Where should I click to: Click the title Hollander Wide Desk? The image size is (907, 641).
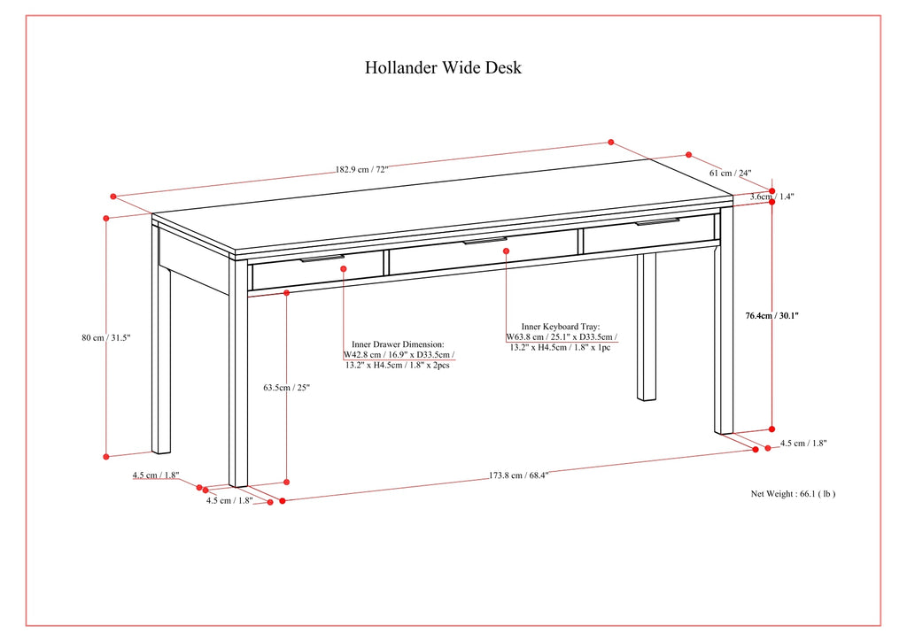[x=444, y=68]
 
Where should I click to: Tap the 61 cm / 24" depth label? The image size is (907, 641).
[x=730, y=174]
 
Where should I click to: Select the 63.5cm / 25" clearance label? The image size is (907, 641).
[x=286, y=387]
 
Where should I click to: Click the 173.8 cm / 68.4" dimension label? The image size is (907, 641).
[x=519, y=475]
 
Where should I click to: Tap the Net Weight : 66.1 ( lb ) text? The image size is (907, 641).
[x=793, y=494]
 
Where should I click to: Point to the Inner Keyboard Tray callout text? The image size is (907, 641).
[x=561, y=337]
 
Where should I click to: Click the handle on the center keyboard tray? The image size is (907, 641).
[x=486, y=240]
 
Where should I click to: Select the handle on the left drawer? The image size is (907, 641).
[x=322, y=259]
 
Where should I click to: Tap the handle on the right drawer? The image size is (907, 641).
[x=657, y=222]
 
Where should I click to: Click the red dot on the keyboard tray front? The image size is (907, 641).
[x=506, y=251]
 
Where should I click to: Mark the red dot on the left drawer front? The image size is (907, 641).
[x=344, y=268]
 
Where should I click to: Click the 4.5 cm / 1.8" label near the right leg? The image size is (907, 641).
[x=802, y=444]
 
